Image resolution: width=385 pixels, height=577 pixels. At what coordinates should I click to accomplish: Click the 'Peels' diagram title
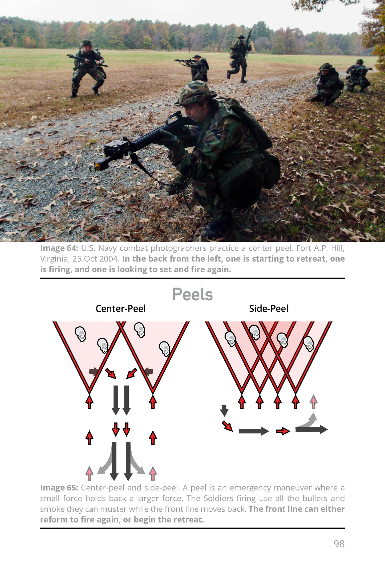(x=192, y=294)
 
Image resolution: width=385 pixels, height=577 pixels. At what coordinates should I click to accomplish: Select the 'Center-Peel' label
(x=120, y=309)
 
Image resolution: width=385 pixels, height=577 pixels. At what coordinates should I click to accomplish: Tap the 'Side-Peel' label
(x=269, y=309)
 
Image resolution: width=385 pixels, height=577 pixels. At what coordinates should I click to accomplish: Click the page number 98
(x=339, y=544)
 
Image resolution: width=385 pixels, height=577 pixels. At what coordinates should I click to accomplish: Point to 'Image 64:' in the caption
(x=59, y=248)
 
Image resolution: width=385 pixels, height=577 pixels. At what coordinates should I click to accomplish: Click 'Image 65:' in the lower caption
(x=59, y=488)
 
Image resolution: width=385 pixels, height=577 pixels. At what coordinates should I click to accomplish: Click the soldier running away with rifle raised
(x=240, y=57)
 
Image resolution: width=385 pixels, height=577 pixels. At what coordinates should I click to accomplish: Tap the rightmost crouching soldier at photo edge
(x=358, y=76)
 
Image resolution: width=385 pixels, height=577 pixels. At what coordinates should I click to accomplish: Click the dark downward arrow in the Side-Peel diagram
(x=224, y=410)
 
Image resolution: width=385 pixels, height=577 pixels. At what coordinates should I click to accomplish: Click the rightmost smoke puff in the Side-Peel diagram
(x=309, y=344)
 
